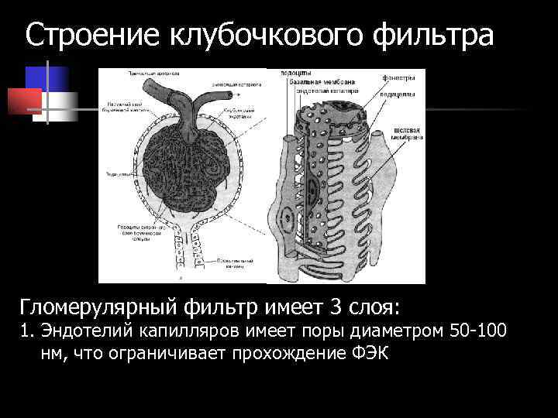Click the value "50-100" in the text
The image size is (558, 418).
pyautogui.click(x=478, y=332)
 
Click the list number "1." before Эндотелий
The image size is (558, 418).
pyautogui.click(x=28, y=332)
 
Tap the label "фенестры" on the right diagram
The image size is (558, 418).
pyautogui.click(x=403, y=77)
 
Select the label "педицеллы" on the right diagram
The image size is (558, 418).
pyautogui.click(x=402, y=94)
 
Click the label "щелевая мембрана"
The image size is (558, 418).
pyautogui.click(x=407, y=134)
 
